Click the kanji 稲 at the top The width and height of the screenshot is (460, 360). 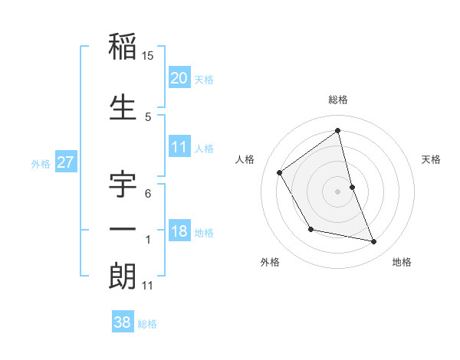(x=123, y=47)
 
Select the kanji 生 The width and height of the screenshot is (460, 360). (x=123, y=107)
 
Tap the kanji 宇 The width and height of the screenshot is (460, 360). (x=123, y=185)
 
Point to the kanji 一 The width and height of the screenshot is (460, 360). (x=123, y=229)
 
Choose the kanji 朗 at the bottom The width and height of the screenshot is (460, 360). (x=123, y=277)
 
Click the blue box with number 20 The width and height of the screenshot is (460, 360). (x=179, y=77)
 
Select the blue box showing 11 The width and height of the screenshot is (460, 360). (x=179, y=147)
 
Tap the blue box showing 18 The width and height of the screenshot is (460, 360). (x=179, y=231)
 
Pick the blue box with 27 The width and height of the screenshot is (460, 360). (x=65, y=163)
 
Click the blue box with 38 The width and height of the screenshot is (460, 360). (x=123, y=322)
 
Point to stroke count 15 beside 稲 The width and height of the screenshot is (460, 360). (x=148, y=56)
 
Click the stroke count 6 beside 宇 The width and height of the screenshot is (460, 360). (x=148, y=194)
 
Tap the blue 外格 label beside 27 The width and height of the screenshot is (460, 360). (x=41, y=164)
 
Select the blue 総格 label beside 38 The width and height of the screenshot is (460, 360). (x=148, y=324)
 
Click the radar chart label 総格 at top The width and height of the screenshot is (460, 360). (x=337, y=100)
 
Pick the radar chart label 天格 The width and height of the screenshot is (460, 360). (x=432, y=159)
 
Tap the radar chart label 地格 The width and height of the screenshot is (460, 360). (x=402, y=262)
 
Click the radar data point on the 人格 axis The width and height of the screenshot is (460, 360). (x=280, y=172)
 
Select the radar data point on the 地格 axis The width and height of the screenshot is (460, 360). (x=374, y=242)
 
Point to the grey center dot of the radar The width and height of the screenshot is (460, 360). (x=337, y=191)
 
